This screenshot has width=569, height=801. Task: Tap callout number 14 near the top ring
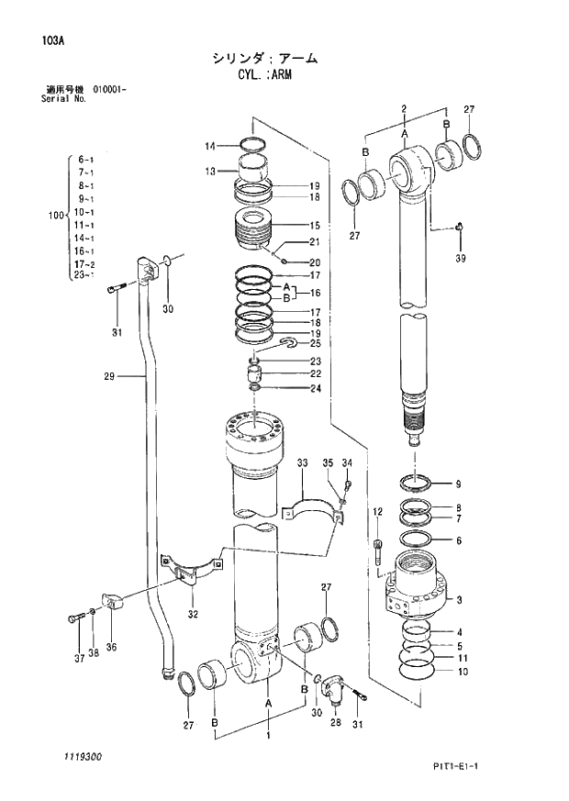210,146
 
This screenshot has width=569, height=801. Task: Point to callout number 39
460,259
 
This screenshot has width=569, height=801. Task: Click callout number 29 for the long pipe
109,375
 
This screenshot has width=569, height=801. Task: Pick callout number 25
315,343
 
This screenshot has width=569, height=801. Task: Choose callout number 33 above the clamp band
302,464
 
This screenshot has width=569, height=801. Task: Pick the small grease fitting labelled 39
459,227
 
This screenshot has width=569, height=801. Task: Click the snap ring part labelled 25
288,343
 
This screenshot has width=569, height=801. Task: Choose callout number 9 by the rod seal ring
459,484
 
